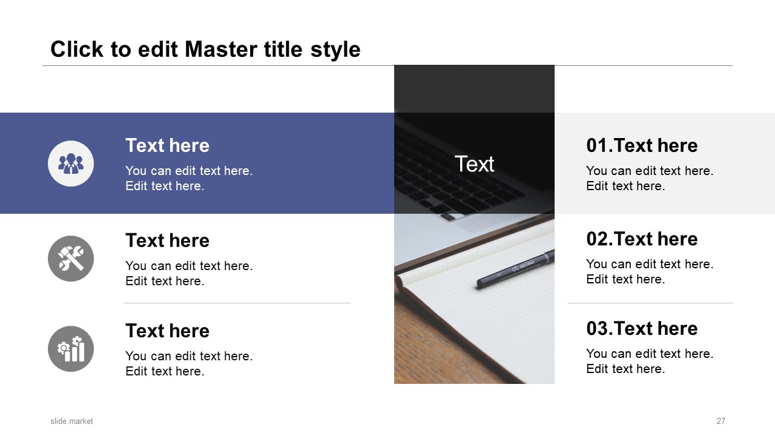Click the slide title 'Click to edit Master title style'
pyautogui.click(x=205, y=49)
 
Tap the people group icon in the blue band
pyautogui.click(x=71, y=163)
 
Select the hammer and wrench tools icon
pyautogui.click(x=71, y=259)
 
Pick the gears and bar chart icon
pyautogui.click(x=71, y=349)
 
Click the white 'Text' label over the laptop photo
pyautogui.click(x=474, y=163)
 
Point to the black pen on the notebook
pyautogui.click(x=515, y=268)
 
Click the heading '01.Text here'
pyautogui.click(x=642, y=145)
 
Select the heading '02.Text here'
pyautogui.click(x=642, y=239)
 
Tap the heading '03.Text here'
pyautogui.click(x=642, y=328)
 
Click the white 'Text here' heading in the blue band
pyautogui.click(x=167, y=145)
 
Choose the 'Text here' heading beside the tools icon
pyautogui.click(x=167, y=240)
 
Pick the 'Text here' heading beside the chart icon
pyautogui.click(x=167, y=331)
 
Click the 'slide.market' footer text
pyautogui.click(x=71, y=421)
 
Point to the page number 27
pyautogui.click(x=721, y=421)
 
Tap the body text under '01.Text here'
pyautogui.click(x=650, y=179)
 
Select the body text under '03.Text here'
pyautogui.click(x=650, y=362)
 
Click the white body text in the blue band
pyautogui.click(x=189, y=179)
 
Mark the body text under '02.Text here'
pyautogui.click(x=650, y=272)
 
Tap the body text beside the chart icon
pyautogui.click(x=189, y=364)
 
